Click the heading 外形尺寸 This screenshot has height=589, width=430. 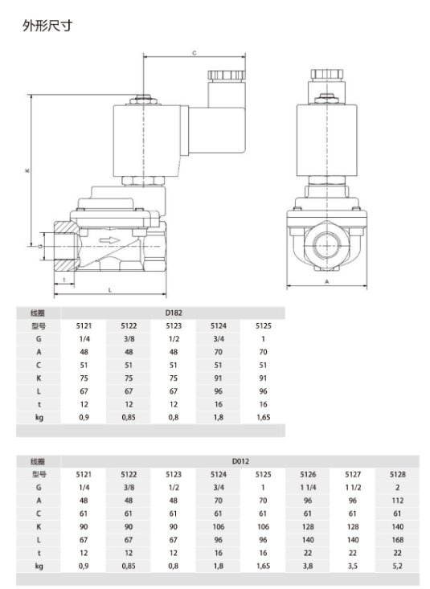(x=51, y=27)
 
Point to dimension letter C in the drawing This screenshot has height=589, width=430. (x=195, y=53)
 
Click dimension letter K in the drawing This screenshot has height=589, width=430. (x=27, y=170)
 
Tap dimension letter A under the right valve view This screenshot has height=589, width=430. (x=328, y=283)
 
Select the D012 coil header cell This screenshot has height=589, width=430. (x=239, y=461)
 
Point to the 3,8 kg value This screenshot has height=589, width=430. (x=307, y=567)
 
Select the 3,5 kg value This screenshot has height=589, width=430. (x=352, y=567)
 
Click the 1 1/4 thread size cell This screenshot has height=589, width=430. (x=307, y=488)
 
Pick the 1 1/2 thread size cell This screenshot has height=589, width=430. (x=352, y=488)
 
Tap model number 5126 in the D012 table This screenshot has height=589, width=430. (x=307, y=475)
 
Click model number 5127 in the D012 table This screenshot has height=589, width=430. (x=352, y=475)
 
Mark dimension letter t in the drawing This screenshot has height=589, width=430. (x=63, y=279)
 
